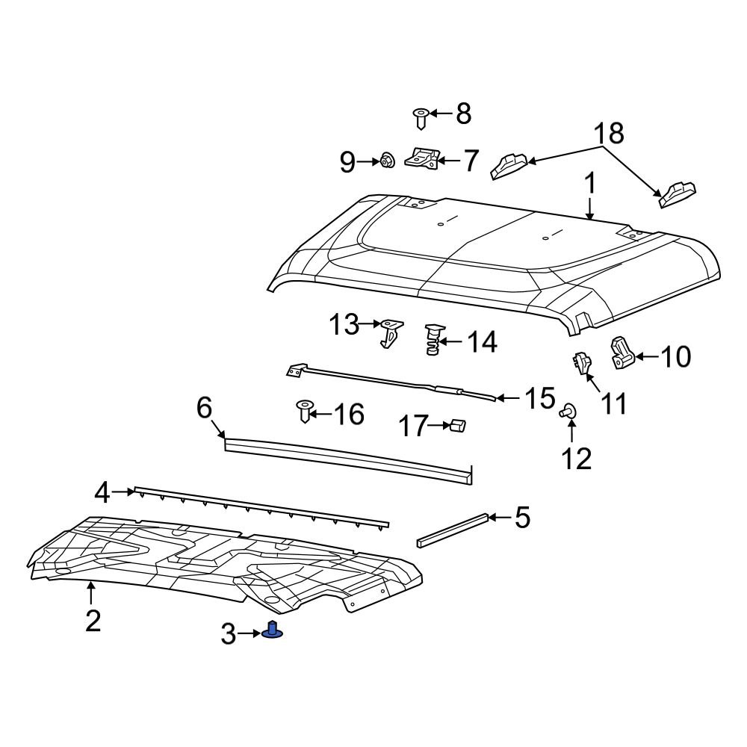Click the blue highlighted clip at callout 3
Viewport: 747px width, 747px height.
273,632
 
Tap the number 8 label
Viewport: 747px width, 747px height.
463,114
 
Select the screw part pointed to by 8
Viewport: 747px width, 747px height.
421,116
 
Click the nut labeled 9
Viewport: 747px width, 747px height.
387,160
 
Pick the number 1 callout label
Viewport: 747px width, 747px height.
589,184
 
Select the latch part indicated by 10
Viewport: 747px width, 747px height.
622,353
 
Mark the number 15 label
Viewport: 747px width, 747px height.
538,399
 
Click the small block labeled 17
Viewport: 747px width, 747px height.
457,426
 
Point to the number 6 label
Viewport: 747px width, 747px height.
205,408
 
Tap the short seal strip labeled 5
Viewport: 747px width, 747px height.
453,528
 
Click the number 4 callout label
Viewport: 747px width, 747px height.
102,492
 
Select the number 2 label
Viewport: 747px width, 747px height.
92,620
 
